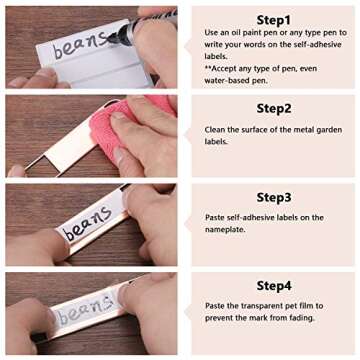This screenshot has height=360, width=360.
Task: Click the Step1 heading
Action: click(x=274, y=20)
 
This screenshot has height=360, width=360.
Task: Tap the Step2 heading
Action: click(x=274, y=108)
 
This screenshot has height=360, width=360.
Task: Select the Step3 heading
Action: click(x=274, y=198)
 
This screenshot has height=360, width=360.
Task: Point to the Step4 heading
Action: click(x=274, y=286)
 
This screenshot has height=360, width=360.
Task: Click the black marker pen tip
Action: click(x=112, y=39)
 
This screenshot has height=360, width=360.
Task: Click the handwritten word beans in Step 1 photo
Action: click(x=80, y=46)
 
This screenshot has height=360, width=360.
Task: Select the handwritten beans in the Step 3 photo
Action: click(x=88, y=223)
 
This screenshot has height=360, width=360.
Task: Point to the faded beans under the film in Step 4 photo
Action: click(x=85, y=308)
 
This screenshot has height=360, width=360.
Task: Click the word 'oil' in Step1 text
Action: click(x=237, y=33)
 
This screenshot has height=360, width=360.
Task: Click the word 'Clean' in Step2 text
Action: click(x=215, y=130)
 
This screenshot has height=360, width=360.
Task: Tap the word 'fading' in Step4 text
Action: click(x=303, y=318)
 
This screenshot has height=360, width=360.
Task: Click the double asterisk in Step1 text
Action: click(x=208, y=68)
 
